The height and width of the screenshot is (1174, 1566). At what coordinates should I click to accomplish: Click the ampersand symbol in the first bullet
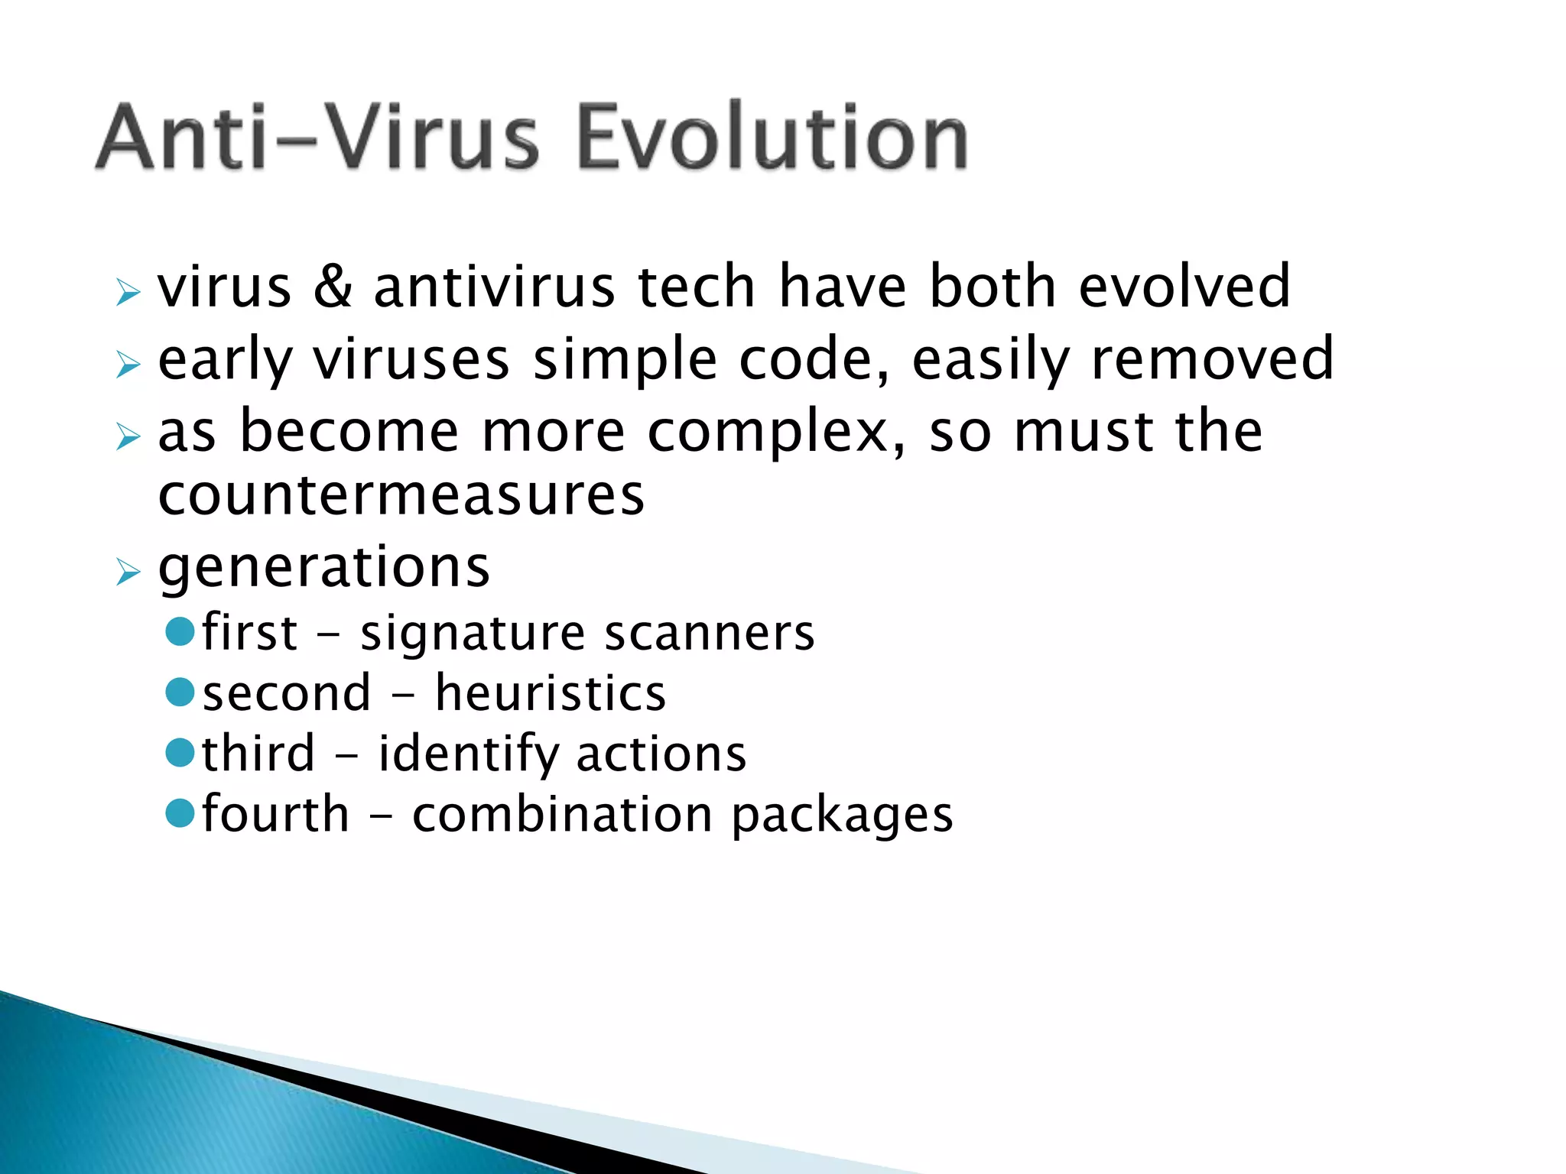click(x=333, y=287)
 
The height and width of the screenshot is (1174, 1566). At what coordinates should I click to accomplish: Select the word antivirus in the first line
click(x=494, y=287)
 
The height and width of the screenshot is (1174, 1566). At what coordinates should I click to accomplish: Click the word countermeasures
click(x=401, y=495)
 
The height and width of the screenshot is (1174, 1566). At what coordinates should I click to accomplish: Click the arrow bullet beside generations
click(x=128, y=572)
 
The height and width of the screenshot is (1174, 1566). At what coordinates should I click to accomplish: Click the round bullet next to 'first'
click(x=180, y=632)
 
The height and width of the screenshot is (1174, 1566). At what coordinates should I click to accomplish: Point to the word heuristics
click(x=550, y=693)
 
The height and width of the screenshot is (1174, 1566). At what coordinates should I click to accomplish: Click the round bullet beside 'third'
click(x=180, y=753)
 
